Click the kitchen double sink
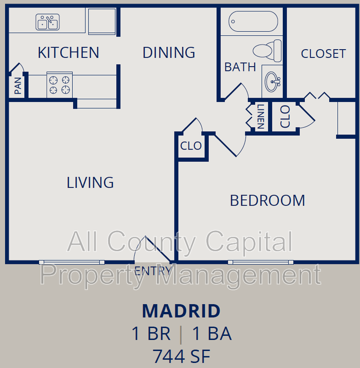coord(47,22)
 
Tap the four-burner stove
coord(59,85)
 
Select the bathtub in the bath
coord(253,21)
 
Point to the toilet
coord(267,51)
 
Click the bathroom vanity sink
coord(273,82)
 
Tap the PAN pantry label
coord(18,86)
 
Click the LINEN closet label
coord(261,116)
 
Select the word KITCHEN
coord(68,52)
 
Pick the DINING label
coord(169,52)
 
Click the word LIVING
coord(90,183)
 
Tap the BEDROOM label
coord(267,201)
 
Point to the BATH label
coord(240,67)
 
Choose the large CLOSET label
coord(323,54)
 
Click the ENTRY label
coord(153,271)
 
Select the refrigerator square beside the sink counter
coord(102,22)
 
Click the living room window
coord(72,262)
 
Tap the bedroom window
coord(261,262)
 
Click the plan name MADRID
coord(181,311)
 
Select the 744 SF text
coord(181,356)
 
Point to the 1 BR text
coord(151,333)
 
